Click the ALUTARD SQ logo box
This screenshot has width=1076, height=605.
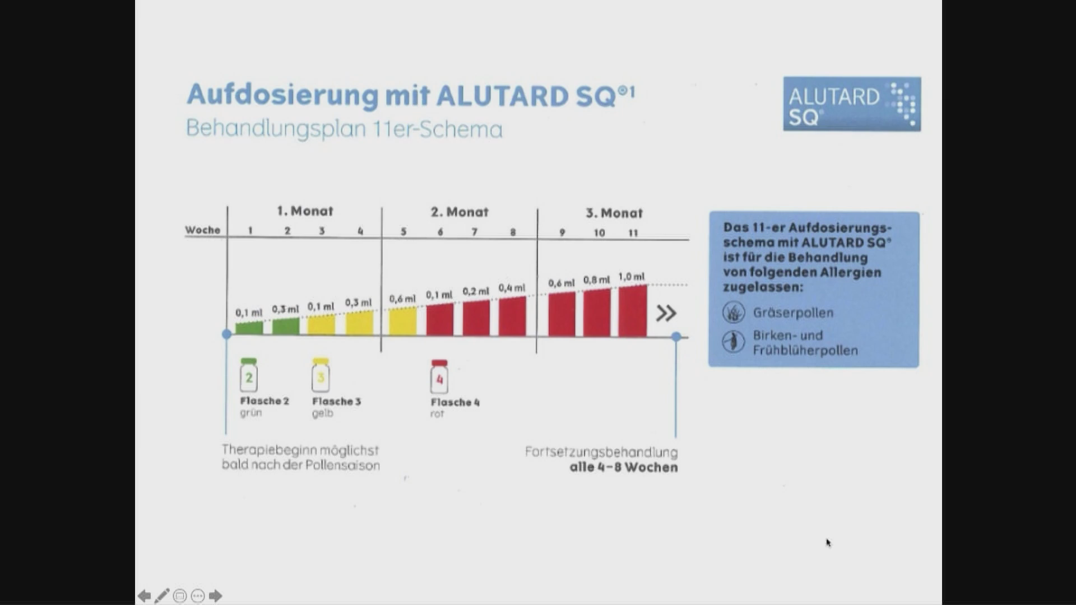[852, 104]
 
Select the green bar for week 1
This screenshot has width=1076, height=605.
[249, 328]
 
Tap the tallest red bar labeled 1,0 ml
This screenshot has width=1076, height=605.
[633, 311]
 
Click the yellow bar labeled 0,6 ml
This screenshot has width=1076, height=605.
[402, 321]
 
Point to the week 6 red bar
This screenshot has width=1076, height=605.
[439, 319]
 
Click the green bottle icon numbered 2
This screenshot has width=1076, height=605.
[248, 375]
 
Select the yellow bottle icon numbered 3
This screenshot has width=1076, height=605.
[321, 375]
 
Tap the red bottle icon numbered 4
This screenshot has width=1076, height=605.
[439, 376]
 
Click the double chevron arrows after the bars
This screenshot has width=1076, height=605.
[666, 313]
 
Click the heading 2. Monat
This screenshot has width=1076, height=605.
[460, 212]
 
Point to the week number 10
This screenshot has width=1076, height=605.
[599, 232]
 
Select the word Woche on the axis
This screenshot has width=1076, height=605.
[203, 230]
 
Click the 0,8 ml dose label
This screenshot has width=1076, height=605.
[596, 280]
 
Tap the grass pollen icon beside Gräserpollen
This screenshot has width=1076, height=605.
[734, 312]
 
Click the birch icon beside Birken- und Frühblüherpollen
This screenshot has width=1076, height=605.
[734, 341]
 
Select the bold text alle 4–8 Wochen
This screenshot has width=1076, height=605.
[624, 467]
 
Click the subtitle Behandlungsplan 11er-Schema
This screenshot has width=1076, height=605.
[344, 129]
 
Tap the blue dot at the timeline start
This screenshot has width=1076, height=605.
[226, 334]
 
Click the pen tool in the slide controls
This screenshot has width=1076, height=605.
[162, 595]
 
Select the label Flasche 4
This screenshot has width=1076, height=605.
[455, 402]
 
